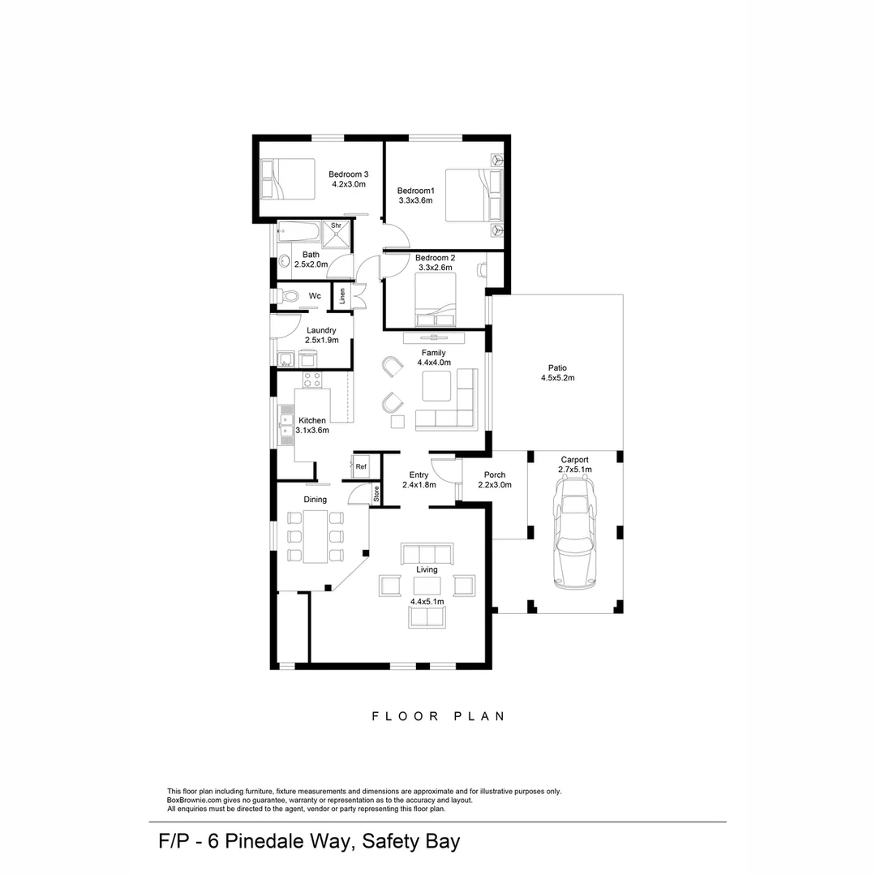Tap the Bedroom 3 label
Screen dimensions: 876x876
[x=348, y=174]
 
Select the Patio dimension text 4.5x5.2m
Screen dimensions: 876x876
[x=557, y=378]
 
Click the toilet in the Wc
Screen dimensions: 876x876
[x=288, y=295]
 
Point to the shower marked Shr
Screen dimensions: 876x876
[x=337, y=234]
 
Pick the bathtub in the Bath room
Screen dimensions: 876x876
[x=298, y=232]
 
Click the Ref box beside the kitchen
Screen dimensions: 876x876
[x=361, y=466]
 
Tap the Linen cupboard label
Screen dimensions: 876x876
[x=342, y=296]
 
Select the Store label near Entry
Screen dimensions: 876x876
[x=376, y=494]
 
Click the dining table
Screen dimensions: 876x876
[x=315, y=536]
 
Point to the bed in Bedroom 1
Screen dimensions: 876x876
[x=474, y=195]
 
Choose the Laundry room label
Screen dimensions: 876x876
[x=321, y=330]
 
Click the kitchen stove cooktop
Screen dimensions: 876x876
[x=311, y=380]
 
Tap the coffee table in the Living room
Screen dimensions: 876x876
[x=427, y=586]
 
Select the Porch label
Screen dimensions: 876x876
[x=495, y=474]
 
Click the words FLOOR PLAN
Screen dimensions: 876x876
[x=439, y=716]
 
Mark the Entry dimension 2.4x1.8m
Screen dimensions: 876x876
[x=419, y=485]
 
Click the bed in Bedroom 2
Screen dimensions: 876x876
[x=436, y=299]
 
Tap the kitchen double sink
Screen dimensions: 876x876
[x=286, y=424]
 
